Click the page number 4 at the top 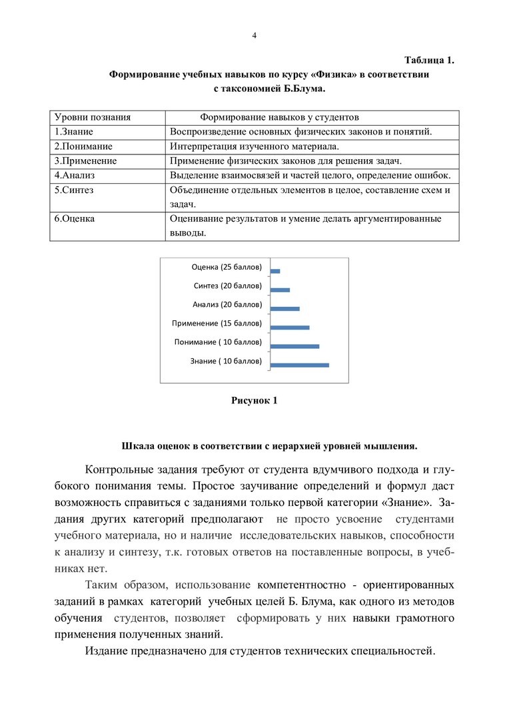(254, 35)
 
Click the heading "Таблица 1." (429, 61)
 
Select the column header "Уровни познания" (92, 117)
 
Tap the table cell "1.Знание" (74, 132)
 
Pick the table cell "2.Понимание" (83, 146)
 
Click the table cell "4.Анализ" (75, 176)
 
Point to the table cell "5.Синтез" (74, 190)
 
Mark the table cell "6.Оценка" (74, 218)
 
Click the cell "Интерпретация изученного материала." (254, 146)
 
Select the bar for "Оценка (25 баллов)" (276, 271)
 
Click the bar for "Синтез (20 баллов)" (280, 290)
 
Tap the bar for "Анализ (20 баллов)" (286, 308)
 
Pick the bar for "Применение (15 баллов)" (290, 327)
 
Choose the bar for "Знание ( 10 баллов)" (300, 365)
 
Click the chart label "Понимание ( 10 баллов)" (218, 342)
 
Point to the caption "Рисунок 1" (254, 401)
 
